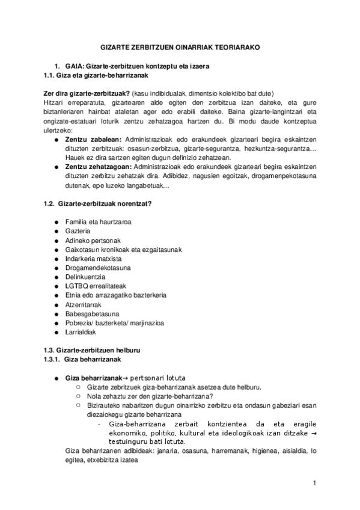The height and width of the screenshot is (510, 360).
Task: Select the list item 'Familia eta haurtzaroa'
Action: (x=98, y=222)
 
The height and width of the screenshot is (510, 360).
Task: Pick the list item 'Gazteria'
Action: (x=78, y=231)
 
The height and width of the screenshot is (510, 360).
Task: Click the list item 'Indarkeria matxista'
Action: (x=93, y=259)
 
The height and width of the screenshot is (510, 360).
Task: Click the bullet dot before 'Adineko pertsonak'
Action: (x=56, y=241)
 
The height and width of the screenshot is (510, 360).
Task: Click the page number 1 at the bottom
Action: (x=314, y=483)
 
